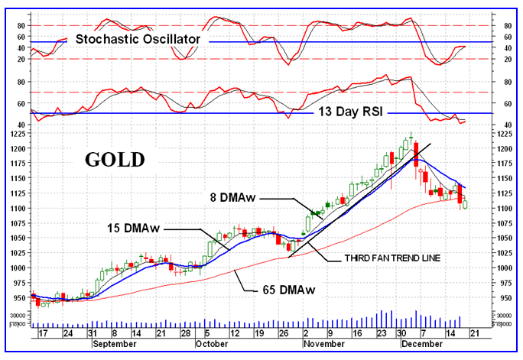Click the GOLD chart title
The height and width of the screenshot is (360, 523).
[x=114, y=160]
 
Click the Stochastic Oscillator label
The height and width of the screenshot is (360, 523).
[x=137, y=38]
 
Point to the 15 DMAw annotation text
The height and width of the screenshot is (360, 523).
[x=135, y=228]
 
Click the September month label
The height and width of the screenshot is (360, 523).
[x=114, y=345]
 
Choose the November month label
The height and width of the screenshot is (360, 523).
[x=324, y=345]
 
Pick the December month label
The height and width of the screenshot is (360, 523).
[x=428, y=345]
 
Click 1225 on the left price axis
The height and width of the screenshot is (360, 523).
[x=17, y=134]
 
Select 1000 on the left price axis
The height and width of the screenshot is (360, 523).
[x=17, y=268]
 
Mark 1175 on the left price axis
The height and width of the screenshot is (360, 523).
[x=17, y=164]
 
